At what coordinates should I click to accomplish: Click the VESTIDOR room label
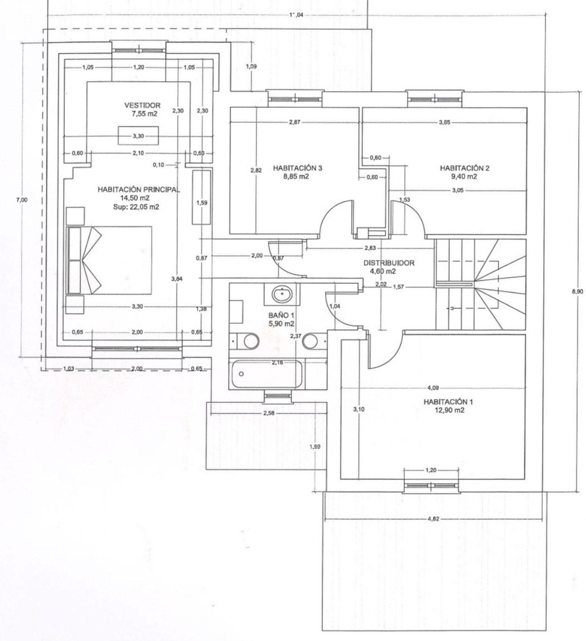pyautogui.click(x=142, y=105)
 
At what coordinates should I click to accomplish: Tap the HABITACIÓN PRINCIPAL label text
pyautogui.click(x=139, y=190)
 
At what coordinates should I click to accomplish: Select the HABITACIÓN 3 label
pyautogui.click(x=297, y=168)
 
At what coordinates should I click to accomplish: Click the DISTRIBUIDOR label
pyautogui.click(x=389, y=263)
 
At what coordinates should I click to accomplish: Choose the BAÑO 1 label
pyautogui.click(x=281, y=315)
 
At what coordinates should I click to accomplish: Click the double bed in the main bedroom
pyautogui.click(x=109, y=260)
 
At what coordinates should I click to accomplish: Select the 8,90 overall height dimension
pyautogui.click(x=577, y=291)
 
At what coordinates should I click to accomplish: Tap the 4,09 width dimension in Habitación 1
pyautogui.click(x=433, y=388)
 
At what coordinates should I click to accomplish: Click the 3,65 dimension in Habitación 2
pyautogui.click(x=444, y=122)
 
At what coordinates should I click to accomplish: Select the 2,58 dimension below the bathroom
pyautogui.click(x=268, y=413)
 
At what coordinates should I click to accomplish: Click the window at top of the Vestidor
pyautogui.click(x=139, y=50)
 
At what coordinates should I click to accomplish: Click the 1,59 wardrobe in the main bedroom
pyautogui.click(x=202, y=196)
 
